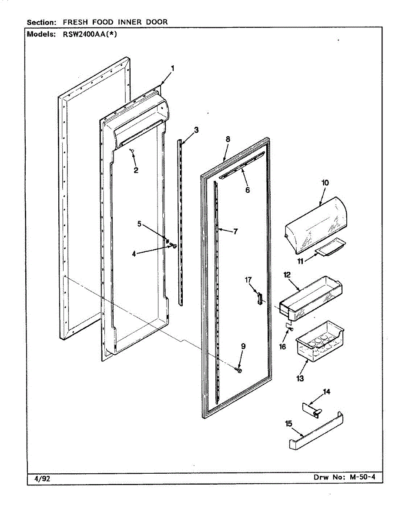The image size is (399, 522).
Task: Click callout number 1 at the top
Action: tap(173, 68)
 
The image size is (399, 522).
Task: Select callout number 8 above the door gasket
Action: tap(228, 139)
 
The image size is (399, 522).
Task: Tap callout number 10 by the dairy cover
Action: tap(325, 183)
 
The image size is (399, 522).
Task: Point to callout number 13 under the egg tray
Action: tap(300, 378)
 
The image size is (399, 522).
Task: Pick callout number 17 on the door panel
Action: tap(248, 280)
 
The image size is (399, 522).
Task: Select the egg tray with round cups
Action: tap(318, 340)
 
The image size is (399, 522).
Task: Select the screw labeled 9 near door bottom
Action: tap(239, 369)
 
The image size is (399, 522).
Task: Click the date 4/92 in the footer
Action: tap(42, 479)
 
